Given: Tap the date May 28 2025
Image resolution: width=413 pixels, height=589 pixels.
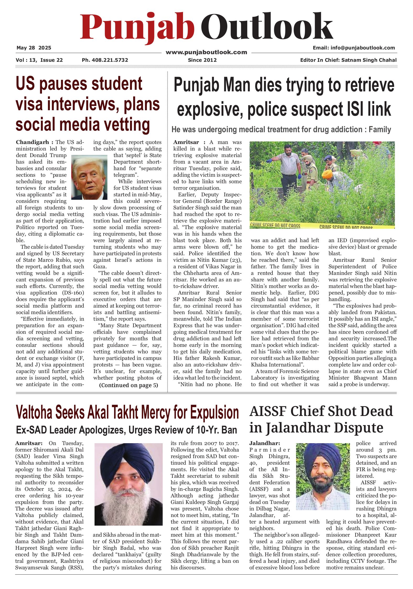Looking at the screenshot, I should [34, 48].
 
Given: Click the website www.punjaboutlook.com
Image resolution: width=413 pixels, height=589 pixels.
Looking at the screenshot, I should [206, 52].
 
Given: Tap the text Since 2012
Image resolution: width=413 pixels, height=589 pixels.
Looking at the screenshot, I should [202, 60].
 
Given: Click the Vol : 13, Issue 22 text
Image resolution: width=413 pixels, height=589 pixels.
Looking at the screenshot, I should [39, 60].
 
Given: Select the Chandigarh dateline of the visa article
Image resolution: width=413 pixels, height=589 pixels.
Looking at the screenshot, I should [33, 142].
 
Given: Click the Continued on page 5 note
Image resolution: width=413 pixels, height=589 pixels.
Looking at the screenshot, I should [128, 385].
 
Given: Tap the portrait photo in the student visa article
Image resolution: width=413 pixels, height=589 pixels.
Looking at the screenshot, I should [89, 177].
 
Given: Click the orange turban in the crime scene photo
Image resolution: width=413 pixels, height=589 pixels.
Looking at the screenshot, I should [327, 174].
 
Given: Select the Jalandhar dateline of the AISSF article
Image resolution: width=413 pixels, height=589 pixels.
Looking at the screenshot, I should [264, 443].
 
